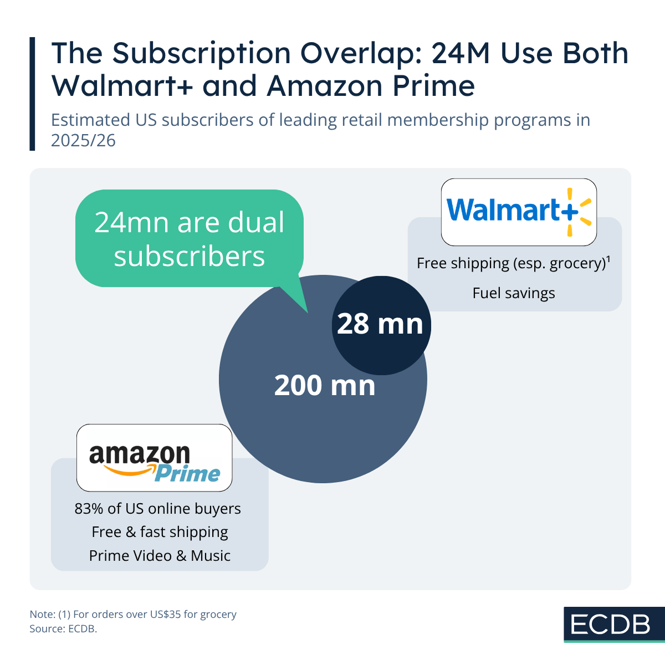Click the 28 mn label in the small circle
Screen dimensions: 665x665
(x=380, y=324)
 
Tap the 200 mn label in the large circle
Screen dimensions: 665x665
(x=325, y=386)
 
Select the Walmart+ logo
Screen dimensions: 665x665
(x=519, y=212)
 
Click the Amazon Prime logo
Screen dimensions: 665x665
(x=154, y=458)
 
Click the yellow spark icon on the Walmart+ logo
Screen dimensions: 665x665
(x=577, y=212)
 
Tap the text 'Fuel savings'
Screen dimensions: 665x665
(x=514, y=293)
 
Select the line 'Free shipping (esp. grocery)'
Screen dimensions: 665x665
(x=511, y=263)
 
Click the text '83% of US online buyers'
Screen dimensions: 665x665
(x=158, y=509)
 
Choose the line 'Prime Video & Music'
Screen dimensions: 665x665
(x=160, y=556)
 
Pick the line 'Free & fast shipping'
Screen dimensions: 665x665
(x=160, y=532)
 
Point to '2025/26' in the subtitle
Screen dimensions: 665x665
(x=83, y=141)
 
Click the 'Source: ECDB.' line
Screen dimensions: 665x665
(x=63, y=629)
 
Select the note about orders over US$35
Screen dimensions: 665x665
(x=133, y=615)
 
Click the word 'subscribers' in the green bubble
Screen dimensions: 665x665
(x=190, y=257)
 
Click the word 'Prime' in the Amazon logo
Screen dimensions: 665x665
(x=187, y=474)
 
